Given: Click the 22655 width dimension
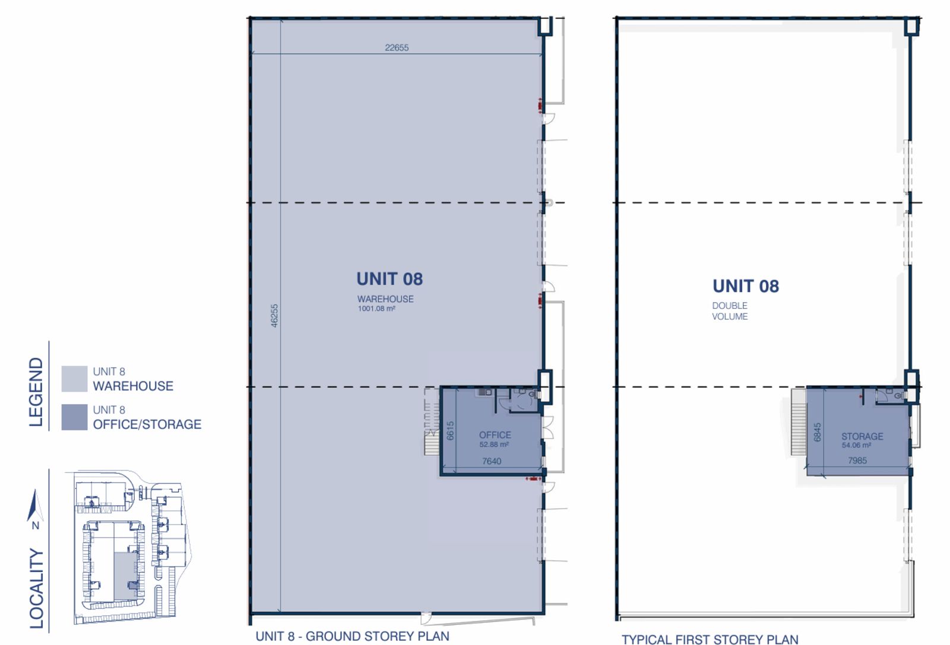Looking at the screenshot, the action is pos(397,47).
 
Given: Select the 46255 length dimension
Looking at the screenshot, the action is pos(274,315).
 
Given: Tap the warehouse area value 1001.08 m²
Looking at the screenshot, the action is pos(376,309).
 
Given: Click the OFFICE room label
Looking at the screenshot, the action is pos(495,435).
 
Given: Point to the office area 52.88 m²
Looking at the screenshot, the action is pos(494,444).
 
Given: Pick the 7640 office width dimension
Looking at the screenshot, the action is pos(492,461).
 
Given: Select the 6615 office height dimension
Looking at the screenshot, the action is pos(451,431).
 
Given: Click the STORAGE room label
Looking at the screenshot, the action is pos(862,436).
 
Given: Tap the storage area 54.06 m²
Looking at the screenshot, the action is pos(856,446).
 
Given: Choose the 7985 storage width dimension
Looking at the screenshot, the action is pos(857,460).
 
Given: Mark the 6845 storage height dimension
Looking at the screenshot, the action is pos(817,432).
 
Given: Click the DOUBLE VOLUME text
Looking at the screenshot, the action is pos(730,311).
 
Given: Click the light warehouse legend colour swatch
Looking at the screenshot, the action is pos(74,379).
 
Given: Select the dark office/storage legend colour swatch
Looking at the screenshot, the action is pos(74,417).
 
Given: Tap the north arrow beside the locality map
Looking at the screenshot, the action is pos(36,505).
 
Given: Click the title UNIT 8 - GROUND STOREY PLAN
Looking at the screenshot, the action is pos(352,636).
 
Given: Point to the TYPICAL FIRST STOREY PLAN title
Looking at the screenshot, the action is pos(710,639).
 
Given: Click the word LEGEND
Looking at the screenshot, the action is pos(36,392).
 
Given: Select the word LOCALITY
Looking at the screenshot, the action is pos(36,588).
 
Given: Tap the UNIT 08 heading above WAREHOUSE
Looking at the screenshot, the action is pos(389,279).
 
